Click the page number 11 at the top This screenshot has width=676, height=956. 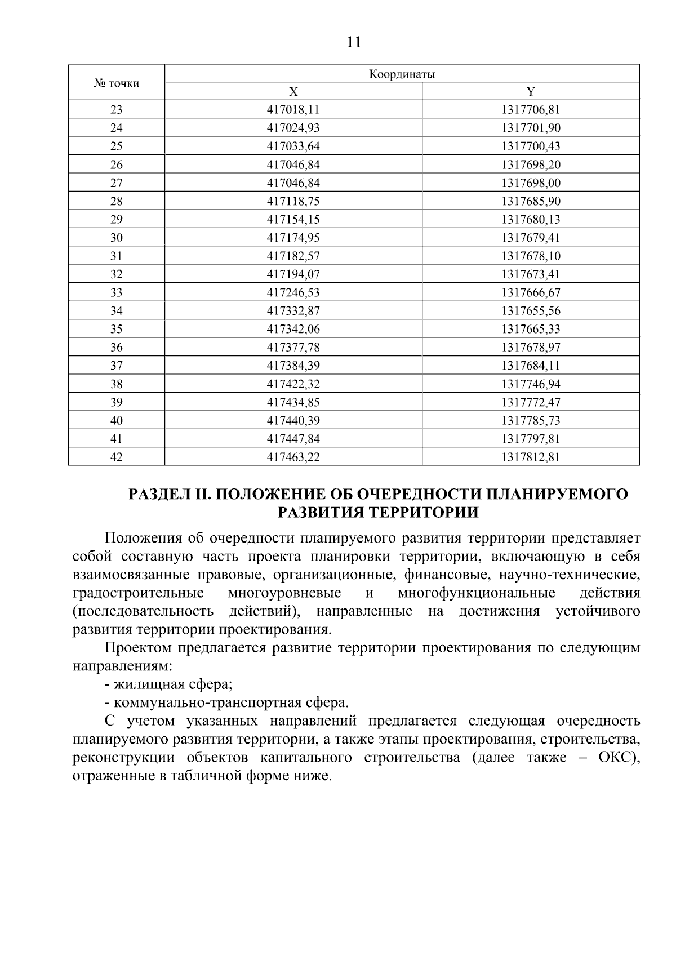(x=354, y=42)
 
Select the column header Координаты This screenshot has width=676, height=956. (x=402, y=74)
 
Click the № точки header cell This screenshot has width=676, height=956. (x=117, y=83)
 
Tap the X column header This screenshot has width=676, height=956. (x=293, y=92)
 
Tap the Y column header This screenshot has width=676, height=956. (x=531, y=92)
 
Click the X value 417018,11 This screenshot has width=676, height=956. (x=293, y=110)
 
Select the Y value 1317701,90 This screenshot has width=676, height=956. (x=531, y=128)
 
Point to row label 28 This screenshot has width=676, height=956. (x=117, y=201)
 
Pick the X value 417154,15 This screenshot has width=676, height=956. (x=293, y=220)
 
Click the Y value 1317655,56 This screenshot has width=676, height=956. (x=531, y=311)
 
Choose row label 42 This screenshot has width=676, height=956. (x=117, y=457)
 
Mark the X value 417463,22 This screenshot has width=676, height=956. (x=293, y=457)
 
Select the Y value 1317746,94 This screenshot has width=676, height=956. (x=531, y=384)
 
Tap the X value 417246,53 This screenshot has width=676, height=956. (x=293, y=292)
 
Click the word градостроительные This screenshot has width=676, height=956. (x=139, y=593)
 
